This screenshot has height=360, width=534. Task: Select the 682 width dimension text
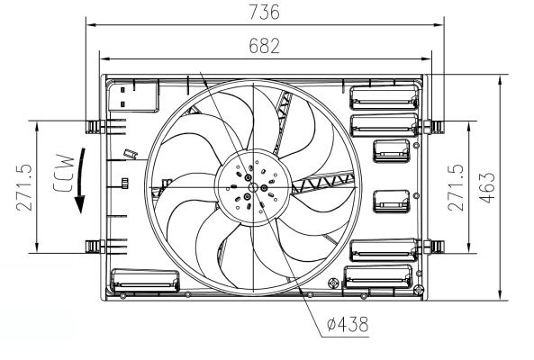coord(264,45)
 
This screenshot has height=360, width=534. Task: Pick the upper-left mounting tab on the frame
coord(94,124)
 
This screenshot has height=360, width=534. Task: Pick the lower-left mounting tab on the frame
coord(94,246)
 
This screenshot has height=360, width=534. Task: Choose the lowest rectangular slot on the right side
coord(379,280)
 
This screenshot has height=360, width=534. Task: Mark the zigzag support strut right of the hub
coord(324,184)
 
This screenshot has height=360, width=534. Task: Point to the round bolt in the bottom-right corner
coord(418,290)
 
